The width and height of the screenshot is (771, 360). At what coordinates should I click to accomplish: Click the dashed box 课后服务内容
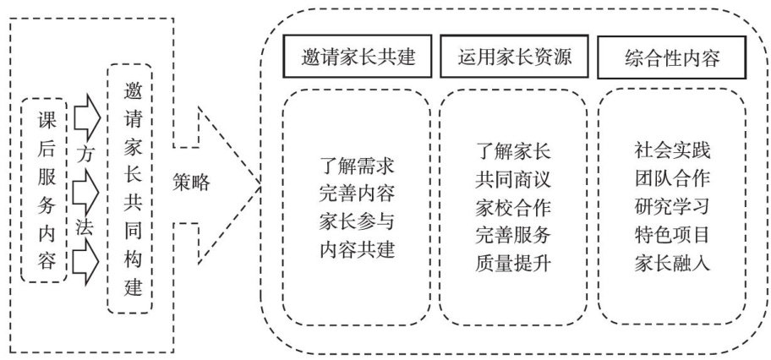pos(44,189)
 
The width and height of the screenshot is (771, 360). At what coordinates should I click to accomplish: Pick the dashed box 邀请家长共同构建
pos(131,188)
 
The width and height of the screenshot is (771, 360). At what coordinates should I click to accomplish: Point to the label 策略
pos(194,181)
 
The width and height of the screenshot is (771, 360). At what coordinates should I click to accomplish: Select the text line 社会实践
pos(672,151)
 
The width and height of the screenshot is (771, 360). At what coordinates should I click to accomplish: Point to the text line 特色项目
pos(672,234)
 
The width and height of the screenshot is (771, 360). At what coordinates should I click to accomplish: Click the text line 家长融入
pos(672,262)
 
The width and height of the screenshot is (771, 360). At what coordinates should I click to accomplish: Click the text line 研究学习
pos(672,207)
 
